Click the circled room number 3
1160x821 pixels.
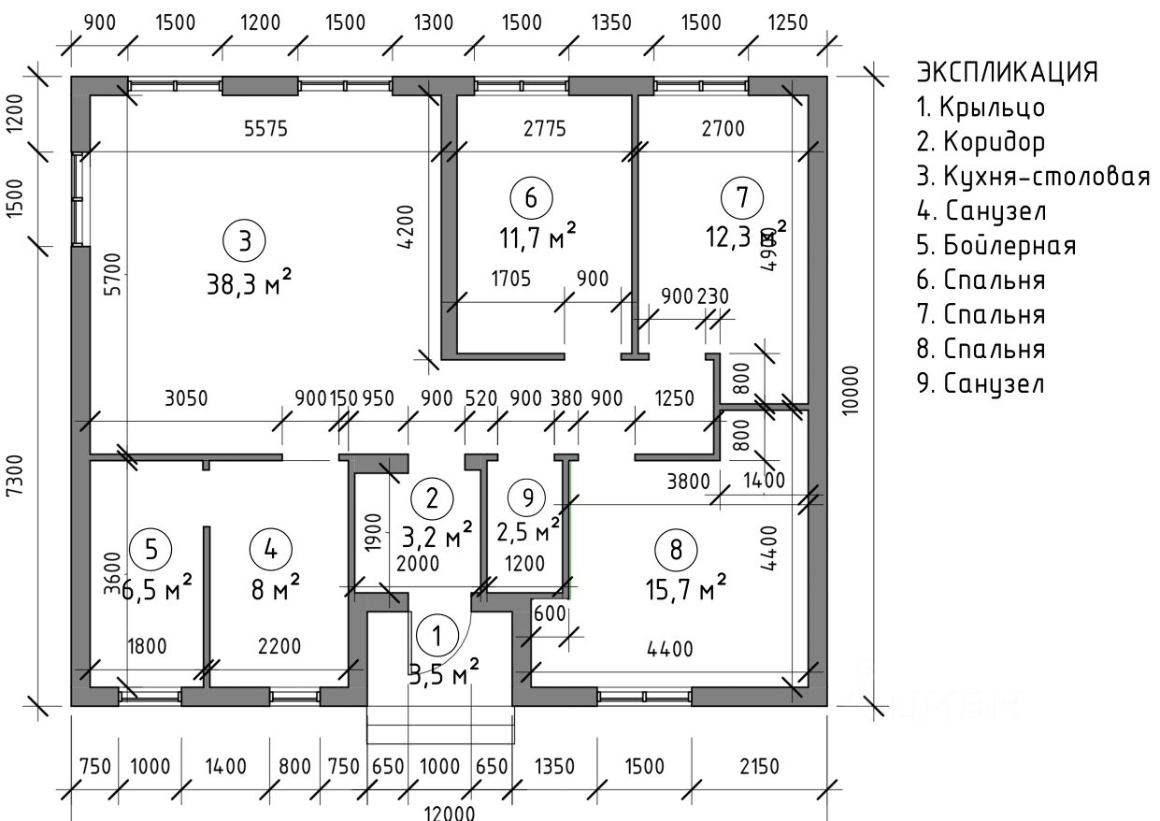[x=244, y=240]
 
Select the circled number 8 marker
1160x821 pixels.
[x=676, y=549]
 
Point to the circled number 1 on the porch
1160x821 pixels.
[x=435, y=636]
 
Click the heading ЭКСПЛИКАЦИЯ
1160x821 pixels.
[x=1007, y=72]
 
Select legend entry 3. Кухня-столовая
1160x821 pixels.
[x=1033, y=177]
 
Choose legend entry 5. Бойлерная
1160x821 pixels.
[x=996, y=246]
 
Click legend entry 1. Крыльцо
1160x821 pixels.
[x=981, y=108]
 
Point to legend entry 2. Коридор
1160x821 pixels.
[x=981, y=142]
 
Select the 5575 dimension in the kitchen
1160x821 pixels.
[x=263, y=130]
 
